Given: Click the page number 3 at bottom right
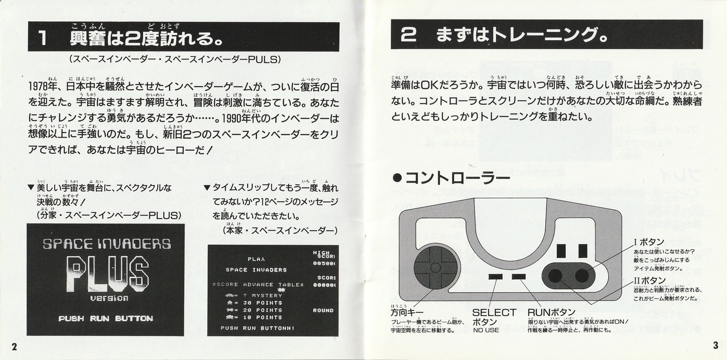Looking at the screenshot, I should (x=715, y=345).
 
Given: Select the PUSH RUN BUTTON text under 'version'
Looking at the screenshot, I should (x=105, y=318).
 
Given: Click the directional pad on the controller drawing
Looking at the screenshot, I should (x=434, y=268).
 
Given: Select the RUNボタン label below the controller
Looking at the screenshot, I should (x=551, y=313).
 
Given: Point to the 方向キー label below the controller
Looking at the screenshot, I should (x=407, y=313).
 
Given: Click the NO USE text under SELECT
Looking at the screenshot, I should (x=486, y=330).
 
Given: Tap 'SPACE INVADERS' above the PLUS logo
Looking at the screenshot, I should (x=107, y=244).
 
